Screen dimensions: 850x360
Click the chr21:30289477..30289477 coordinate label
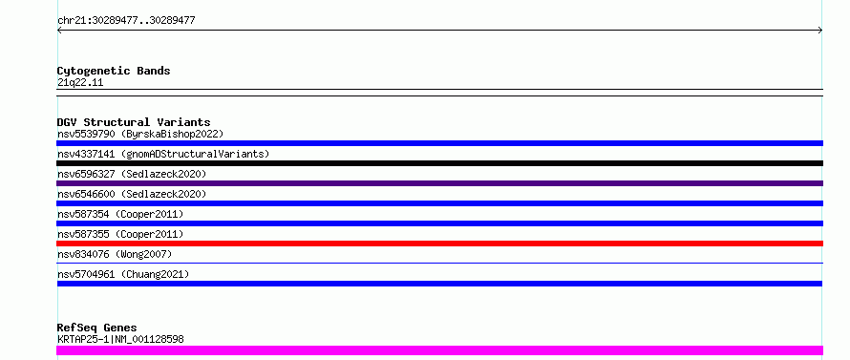point(126,21)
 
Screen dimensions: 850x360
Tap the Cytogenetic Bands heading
point(114,71)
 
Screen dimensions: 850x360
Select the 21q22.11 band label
point(80,83)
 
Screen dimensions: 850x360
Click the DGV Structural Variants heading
point(134,122)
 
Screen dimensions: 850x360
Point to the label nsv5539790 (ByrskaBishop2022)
point(140,134)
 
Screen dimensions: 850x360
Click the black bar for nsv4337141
point(439,163)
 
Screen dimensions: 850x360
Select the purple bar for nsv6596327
point(439,183)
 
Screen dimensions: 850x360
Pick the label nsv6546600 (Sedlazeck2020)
point(132,194)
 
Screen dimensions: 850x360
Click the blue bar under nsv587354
point(439,223)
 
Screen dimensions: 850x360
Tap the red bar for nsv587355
point(439,244)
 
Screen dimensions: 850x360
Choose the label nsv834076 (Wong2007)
point(115,254)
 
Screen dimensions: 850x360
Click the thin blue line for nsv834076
point(439,263)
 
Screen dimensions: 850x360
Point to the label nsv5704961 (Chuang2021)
point(123,274)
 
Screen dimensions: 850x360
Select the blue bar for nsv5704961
point(439,284)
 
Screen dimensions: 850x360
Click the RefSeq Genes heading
point(97,328)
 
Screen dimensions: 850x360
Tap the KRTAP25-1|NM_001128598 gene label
point(120,339)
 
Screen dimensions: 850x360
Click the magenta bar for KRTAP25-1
point(439,350)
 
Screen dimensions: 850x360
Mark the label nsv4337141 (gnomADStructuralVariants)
point(163,154)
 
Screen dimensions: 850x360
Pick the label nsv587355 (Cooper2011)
point(120,234)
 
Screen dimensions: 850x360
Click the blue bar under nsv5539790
point(439,143)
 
